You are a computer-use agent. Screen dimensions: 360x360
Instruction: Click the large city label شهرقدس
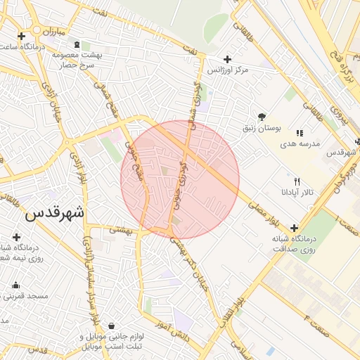click(x=54, y=213)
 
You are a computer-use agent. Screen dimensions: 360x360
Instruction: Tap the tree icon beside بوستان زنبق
click(x=262, y=116)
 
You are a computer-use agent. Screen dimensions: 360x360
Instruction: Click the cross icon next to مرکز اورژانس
click(x=226, y=60)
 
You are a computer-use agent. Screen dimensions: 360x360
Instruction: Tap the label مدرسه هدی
click(x=300, y=143)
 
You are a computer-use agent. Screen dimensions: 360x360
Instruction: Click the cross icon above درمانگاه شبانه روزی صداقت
click(x=294, y=228)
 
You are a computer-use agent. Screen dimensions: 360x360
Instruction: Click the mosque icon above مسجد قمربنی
click(x=15, y=285)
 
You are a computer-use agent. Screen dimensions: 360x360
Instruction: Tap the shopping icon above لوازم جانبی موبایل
click(x=112, y=326)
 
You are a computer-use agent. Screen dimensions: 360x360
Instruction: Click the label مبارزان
click(x=51, y=32)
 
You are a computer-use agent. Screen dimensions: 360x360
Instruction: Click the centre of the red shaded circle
click(x=180, y=180)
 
